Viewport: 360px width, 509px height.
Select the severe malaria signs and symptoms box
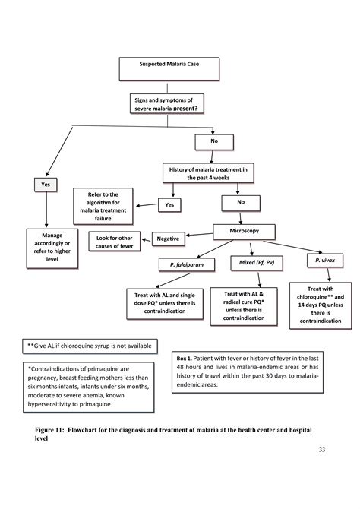(168, 103)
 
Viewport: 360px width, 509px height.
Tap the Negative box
(168, 239)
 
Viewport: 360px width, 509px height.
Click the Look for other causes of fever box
(116, 242)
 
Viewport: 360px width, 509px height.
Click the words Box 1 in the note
(186, 358)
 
